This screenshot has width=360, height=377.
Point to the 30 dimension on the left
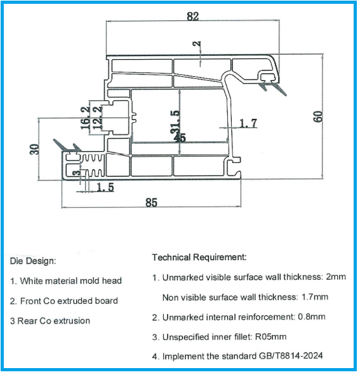[35, 150]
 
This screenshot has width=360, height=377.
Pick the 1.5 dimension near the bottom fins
[106, 188]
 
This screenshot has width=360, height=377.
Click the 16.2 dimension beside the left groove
[86, 119]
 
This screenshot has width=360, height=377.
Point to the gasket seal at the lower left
[68, 146]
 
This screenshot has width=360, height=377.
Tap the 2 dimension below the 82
[198, 45]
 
